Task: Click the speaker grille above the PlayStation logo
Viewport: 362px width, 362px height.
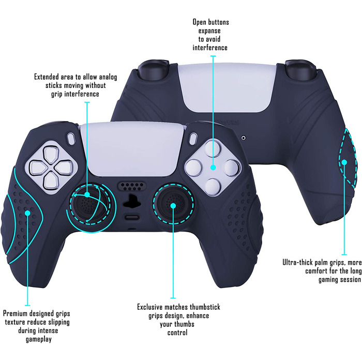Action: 131,186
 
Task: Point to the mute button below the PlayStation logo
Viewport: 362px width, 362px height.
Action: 131,217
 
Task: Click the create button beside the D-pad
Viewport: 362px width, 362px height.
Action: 71,139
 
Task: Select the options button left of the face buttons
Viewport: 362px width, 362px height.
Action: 193,139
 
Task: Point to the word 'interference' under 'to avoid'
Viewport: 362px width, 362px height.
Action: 210,48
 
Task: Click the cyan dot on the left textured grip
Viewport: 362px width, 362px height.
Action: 27,213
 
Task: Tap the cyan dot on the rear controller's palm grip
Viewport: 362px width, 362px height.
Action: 344,162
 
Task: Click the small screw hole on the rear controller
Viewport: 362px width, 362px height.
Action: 244,138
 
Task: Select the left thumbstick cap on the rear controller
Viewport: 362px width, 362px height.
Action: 153,69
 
